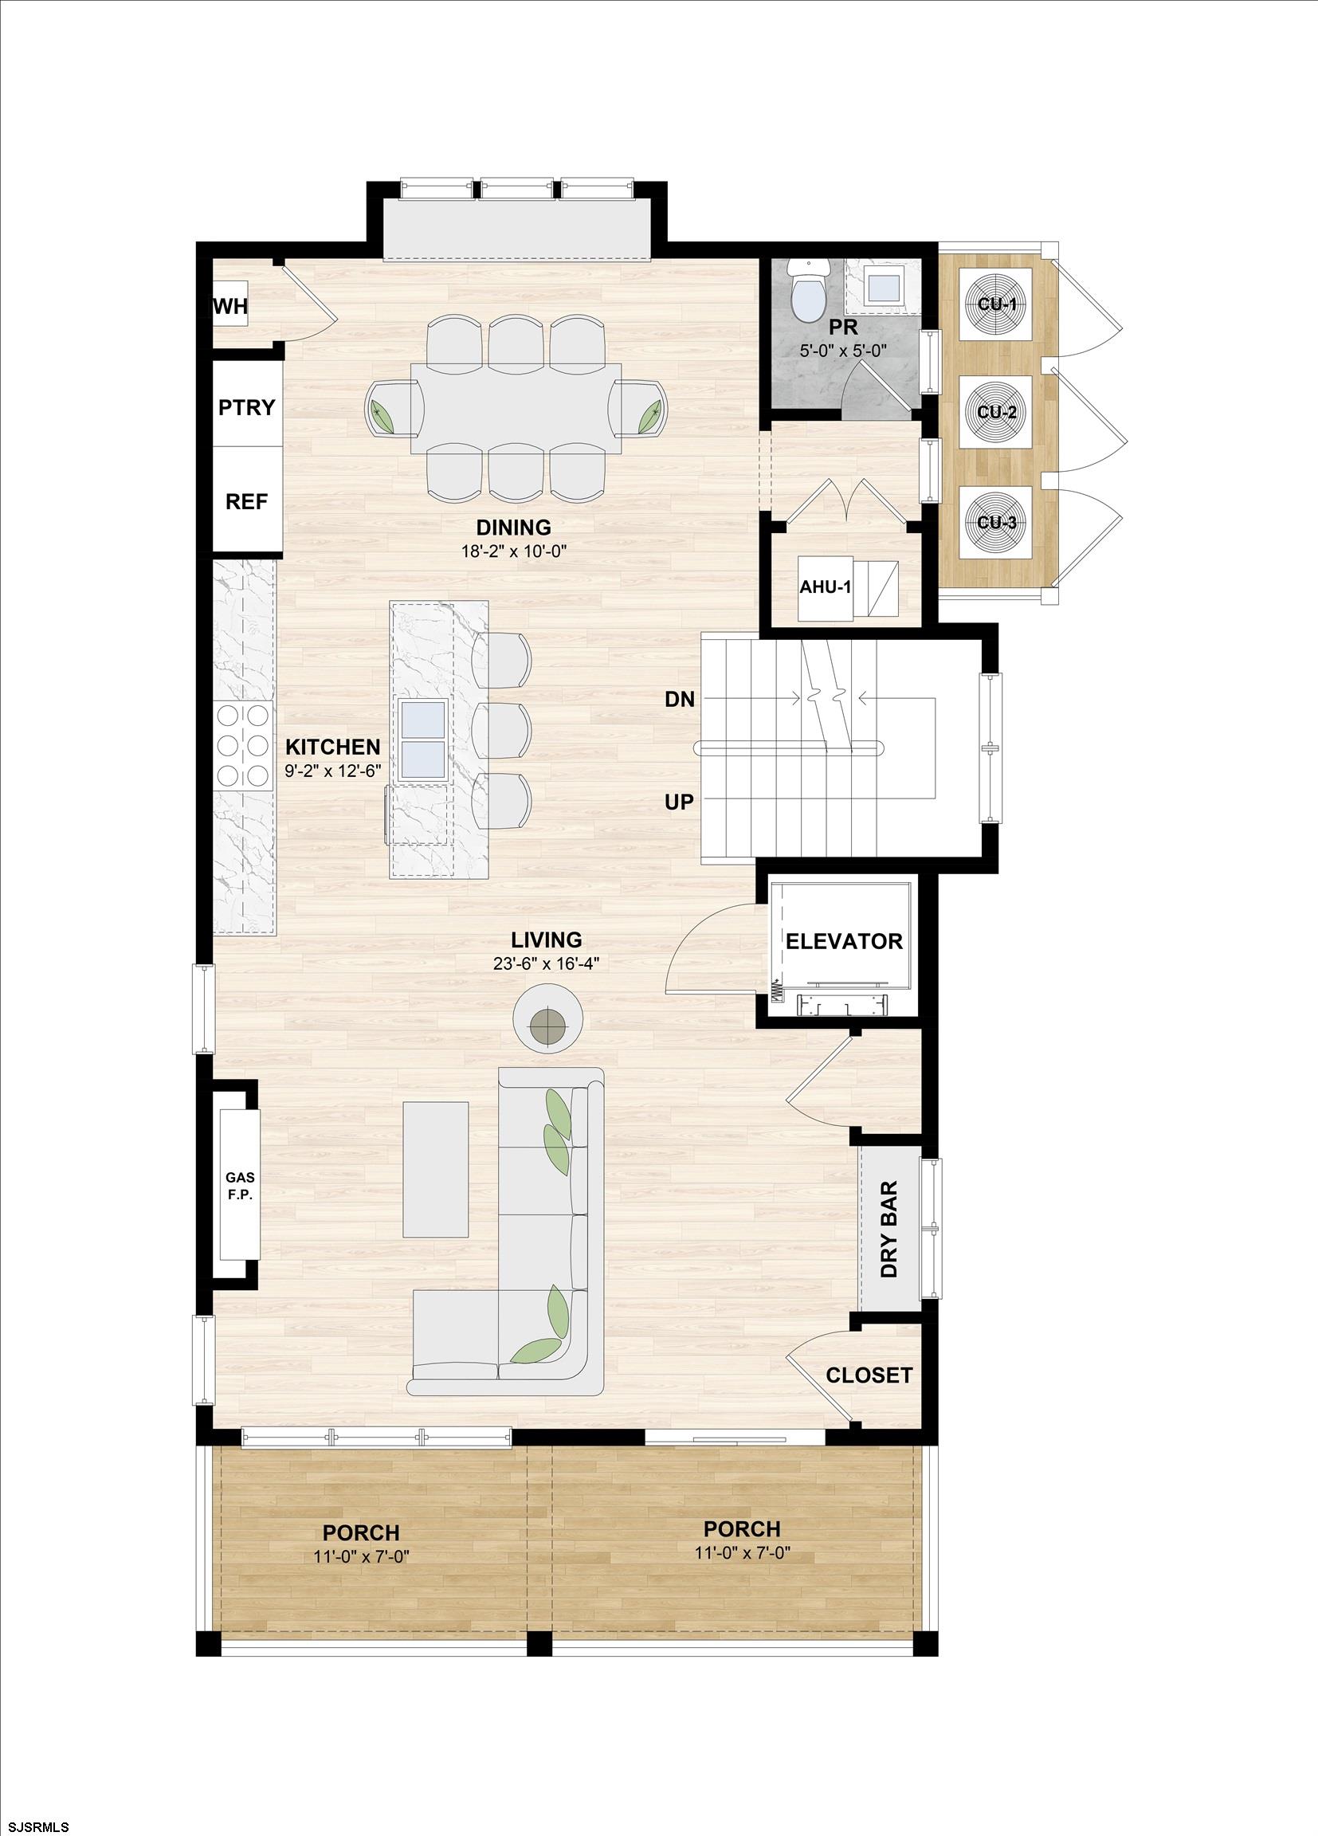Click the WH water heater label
point(230,307)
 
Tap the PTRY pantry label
point(247,407)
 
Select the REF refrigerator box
point(247,502)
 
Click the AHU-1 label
point(825,587)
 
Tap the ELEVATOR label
point(844,940)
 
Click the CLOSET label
point(869,1375)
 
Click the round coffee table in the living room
point(549,1017)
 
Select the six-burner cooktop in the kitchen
point(243,746)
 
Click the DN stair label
point(679,700)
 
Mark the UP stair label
point(679,802)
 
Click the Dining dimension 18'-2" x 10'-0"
point(513,551)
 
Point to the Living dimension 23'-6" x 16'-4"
point(547,963)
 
